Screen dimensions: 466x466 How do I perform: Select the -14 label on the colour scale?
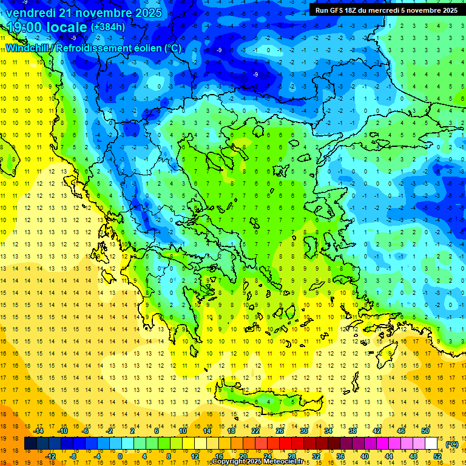[x=38, y=430]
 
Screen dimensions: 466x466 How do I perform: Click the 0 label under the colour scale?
[x=120, y=456]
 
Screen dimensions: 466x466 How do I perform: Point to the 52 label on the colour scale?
[x=437, y=456]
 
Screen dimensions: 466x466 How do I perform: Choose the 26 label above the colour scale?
[x=280, y=430]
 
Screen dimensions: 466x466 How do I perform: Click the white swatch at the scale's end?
[x=431, y=443]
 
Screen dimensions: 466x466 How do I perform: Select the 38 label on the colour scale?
[x=352, y=430]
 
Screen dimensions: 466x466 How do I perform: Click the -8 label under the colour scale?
[x=73, y=456]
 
